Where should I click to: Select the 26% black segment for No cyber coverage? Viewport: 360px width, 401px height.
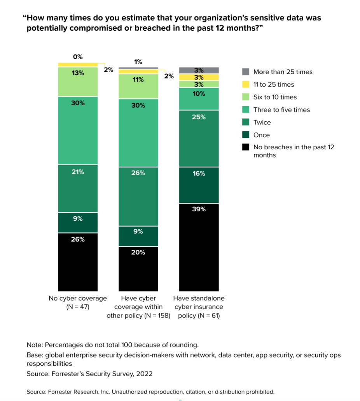(78, 262)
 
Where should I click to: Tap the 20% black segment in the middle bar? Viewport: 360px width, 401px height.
(138, 268)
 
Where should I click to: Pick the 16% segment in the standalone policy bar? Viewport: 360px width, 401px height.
(199, 185)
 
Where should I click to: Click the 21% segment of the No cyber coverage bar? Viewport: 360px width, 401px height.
(78, 188)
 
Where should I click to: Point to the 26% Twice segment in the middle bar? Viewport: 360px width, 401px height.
(138, 196)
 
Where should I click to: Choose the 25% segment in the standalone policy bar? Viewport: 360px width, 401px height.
(199, 139)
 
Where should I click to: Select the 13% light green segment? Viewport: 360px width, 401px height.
(78, 82)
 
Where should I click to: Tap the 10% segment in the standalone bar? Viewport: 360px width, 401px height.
(199, 99)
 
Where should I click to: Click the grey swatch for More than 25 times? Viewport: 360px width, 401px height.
(245, 72)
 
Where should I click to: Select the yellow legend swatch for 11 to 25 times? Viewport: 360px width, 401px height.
(245, 85)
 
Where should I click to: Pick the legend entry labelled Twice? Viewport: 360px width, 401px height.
(262, 122)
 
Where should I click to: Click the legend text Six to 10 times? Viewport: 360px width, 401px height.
(275, 97)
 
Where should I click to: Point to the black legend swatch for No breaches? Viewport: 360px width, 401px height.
(245, 147)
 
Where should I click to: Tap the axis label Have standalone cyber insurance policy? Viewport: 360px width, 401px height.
(199, 307)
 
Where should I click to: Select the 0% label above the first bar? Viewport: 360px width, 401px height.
(78, 57)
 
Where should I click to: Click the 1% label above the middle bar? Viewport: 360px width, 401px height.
(138, 62)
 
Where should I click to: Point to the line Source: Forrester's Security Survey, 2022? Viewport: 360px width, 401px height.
(89, 374)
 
